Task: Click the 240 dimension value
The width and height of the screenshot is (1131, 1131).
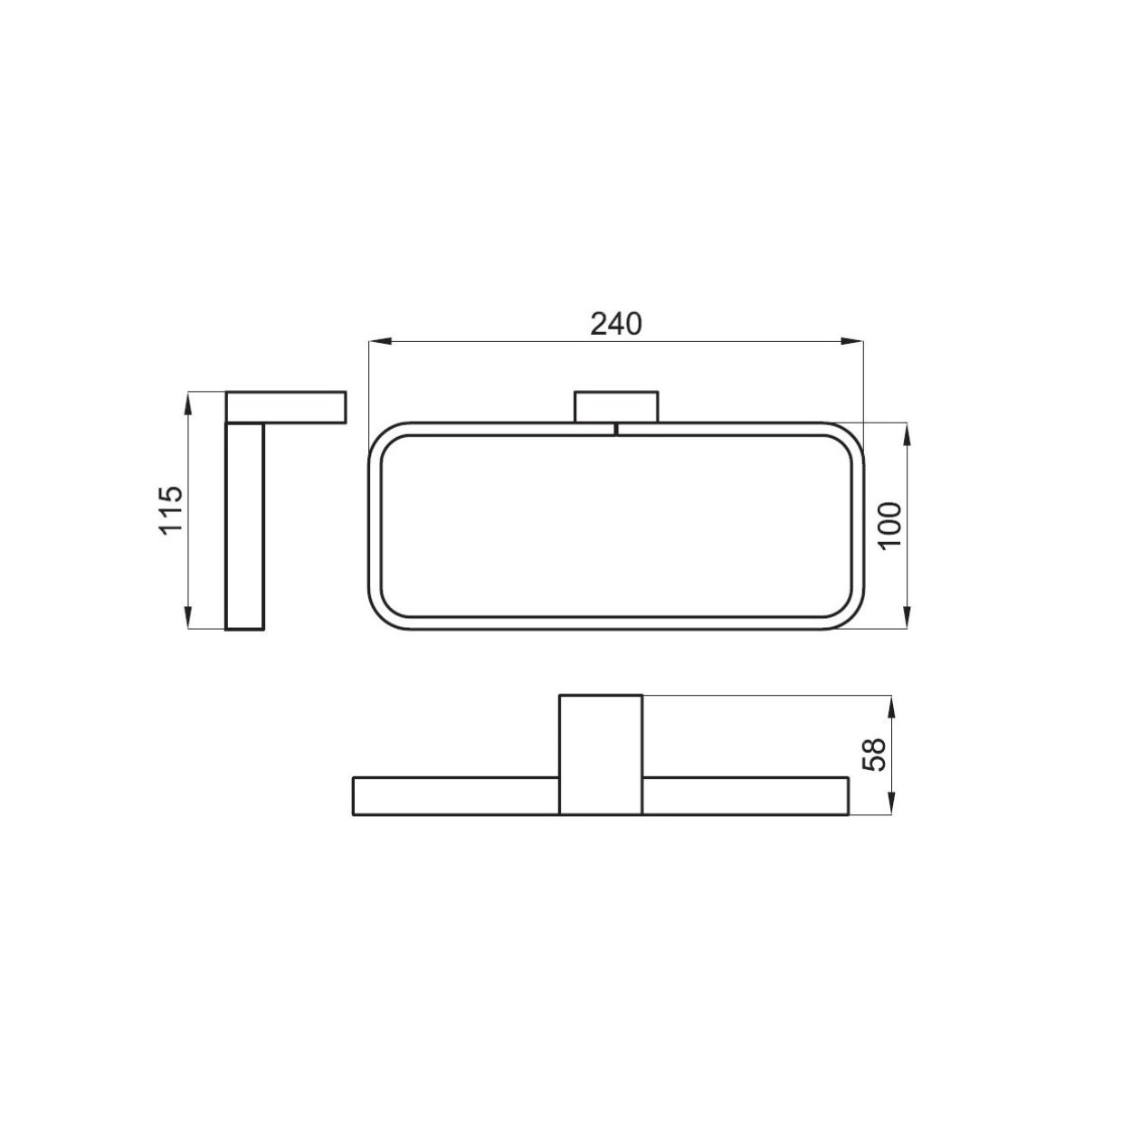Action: point(615,325)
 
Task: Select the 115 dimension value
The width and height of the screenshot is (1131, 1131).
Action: point(172,509)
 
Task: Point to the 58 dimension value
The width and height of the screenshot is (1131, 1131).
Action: point(874,756)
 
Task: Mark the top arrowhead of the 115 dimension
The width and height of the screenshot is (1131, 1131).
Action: point(188,403)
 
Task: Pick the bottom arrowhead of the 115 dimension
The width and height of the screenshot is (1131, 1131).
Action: point(188,618)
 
